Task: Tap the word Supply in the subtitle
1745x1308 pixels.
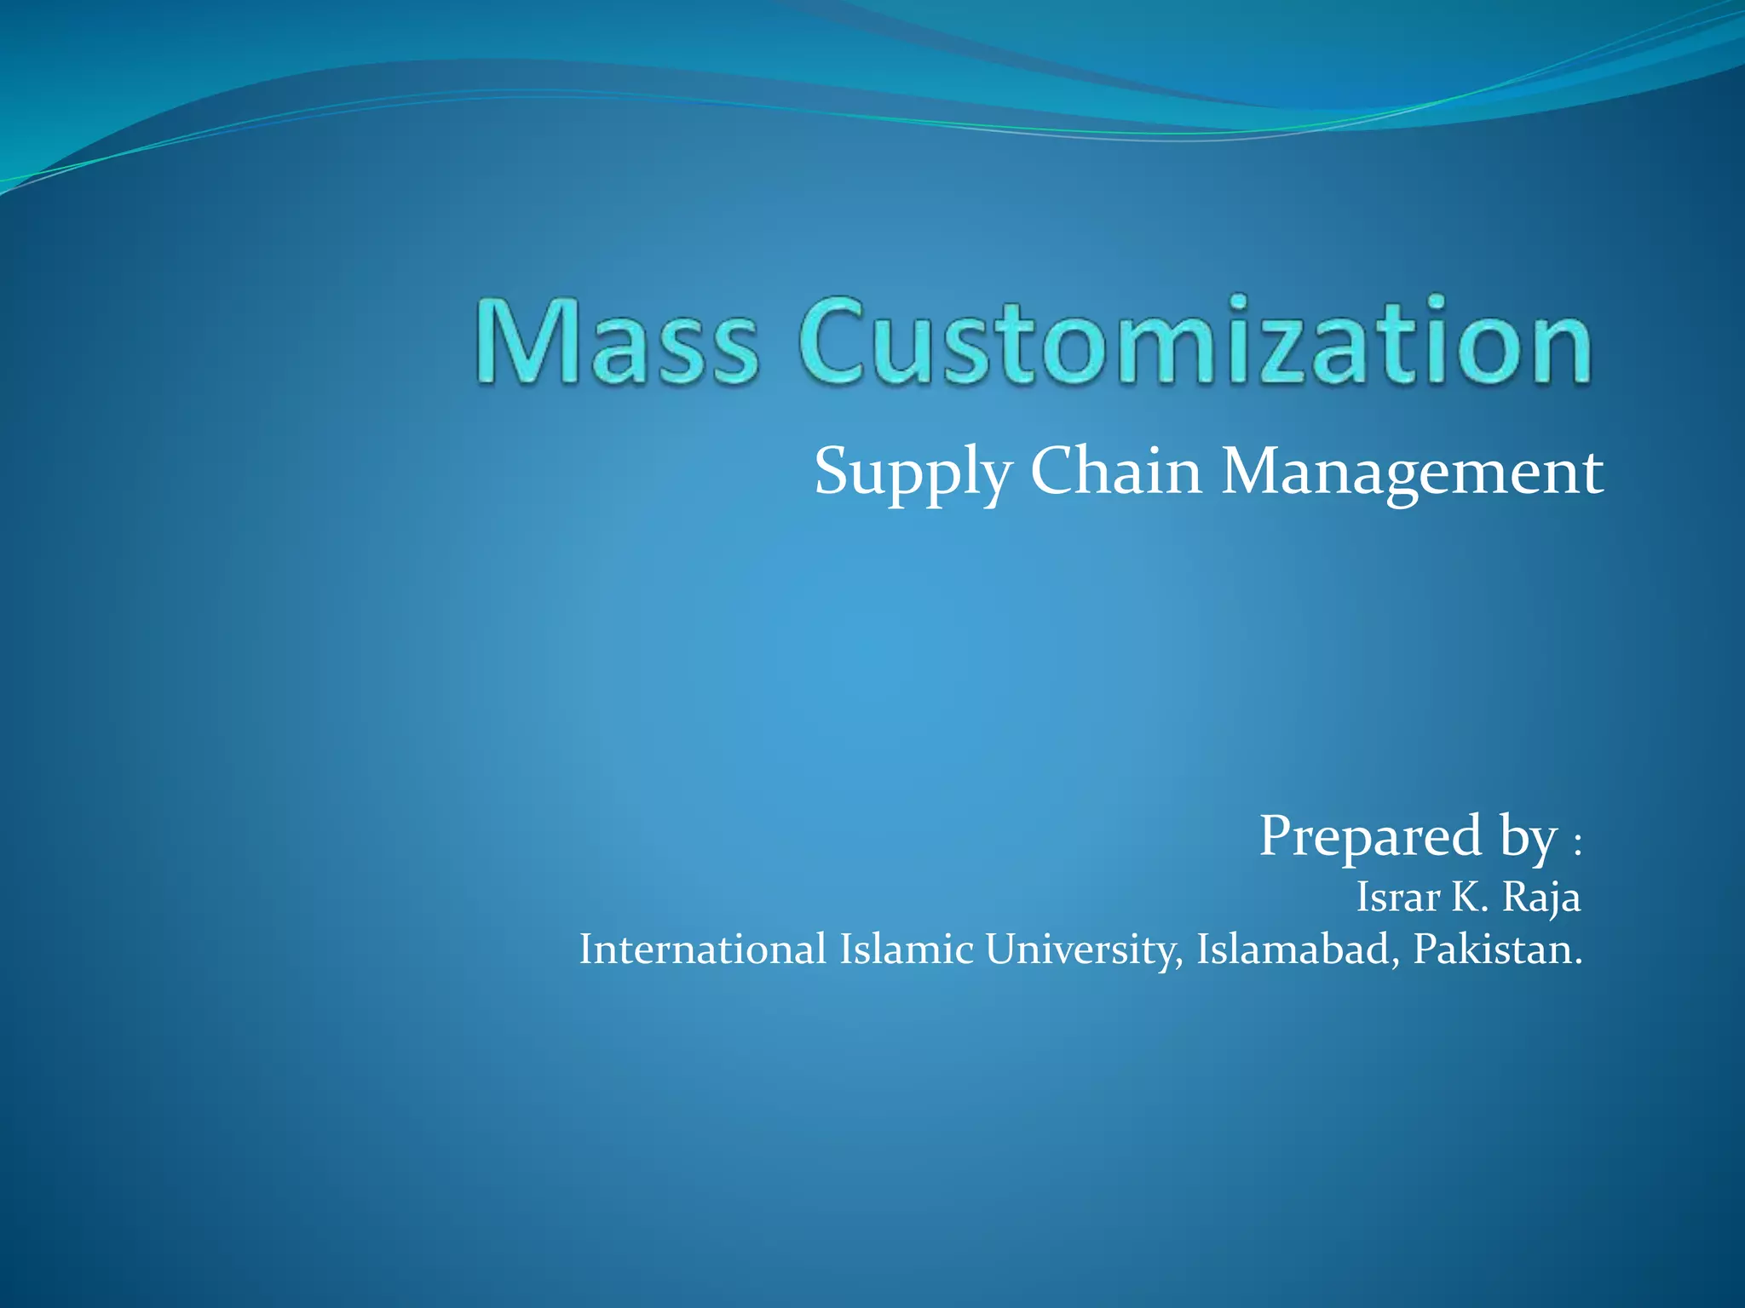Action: [913, 473]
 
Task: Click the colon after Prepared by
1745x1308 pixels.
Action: [1577, 846]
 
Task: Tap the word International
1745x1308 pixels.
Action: [702, 949]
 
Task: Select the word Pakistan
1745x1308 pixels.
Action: [1496, 949]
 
